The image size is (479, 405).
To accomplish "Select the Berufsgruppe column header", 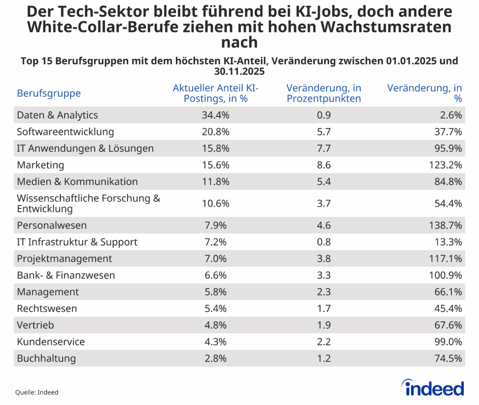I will [49, 93].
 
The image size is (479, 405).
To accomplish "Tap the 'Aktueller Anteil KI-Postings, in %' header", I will [216, 93].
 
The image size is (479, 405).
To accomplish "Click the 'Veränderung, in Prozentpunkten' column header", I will [324, 93].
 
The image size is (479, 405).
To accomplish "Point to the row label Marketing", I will [41, 165].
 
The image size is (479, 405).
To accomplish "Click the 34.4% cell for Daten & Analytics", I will [216, 115].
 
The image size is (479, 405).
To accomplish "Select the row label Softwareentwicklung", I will [65, 132].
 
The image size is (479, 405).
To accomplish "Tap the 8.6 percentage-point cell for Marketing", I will [324, 165].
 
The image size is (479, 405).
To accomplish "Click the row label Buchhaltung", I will [46, 359].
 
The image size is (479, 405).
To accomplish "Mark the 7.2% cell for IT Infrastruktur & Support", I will [216, 242].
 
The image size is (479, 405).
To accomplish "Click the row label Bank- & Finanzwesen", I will [66, 275].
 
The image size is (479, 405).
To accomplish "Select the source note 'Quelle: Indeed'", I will [37, 392].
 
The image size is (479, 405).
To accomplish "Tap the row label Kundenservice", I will [51, 342].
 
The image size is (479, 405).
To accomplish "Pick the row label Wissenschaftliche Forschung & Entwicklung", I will [88, 203].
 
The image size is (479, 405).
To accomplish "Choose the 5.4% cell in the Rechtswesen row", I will [216, 309].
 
